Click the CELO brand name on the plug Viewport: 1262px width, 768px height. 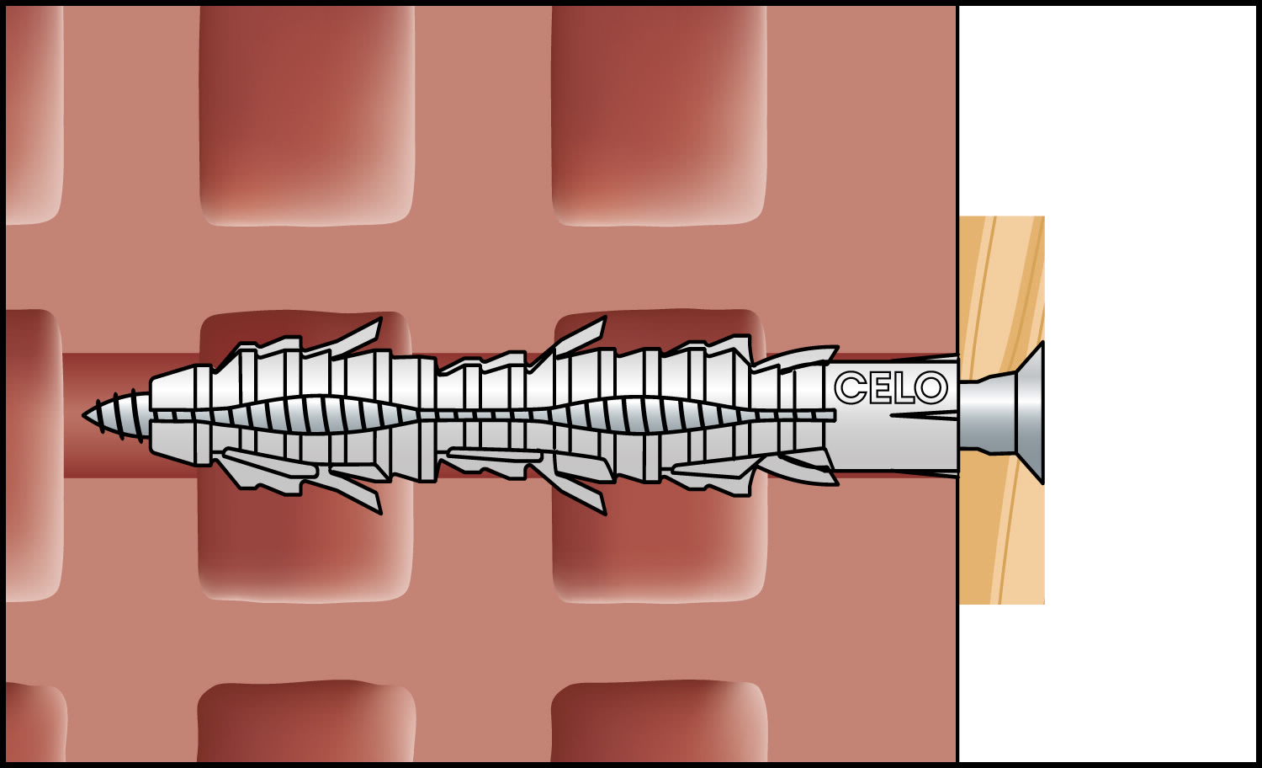(891, 388)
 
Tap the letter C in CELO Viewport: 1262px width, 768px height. (850, 388)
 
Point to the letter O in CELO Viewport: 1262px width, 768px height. (931, 388)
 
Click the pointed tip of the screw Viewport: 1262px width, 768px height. (84, 416)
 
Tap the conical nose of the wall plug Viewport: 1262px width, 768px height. (175, 415)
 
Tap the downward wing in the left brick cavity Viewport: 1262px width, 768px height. (355, 492)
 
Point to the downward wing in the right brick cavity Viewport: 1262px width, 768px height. (581, 493)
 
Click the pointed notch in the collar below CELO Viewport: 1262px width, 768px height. (924, 416)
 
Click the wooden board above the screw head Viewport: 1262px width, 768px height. (1002, 293)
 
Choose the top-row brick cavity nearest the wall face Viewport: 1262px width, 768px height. (659, 115)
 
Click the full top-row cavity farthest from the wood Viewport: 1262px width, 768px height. (307, 115)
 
